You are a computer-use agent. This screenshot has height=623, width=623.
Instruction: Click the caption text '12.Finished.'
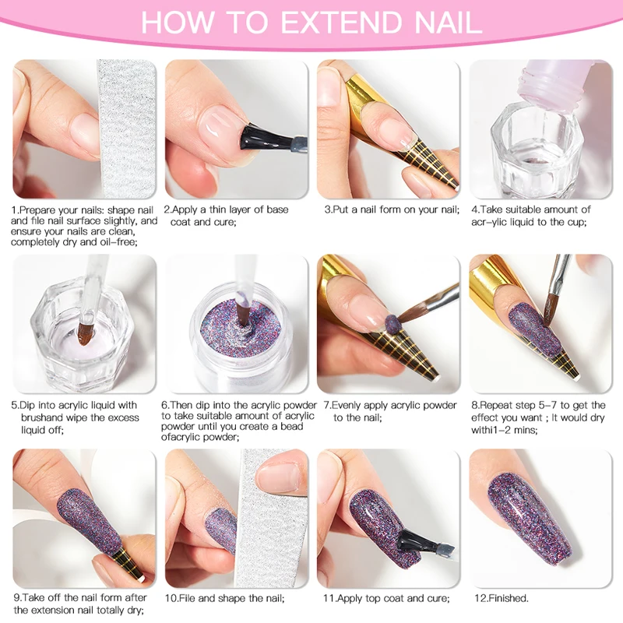tap(502, 598)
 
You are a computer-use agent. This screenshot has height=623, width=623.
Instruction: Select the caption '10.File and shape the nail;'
tap(224, 598)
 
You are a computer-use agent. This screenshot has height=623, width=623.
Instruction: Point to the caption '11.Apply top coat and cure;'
tap(385, 598)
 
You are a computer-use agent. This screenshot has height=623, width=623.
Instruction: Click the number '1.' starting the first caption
tap(15, 209)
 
